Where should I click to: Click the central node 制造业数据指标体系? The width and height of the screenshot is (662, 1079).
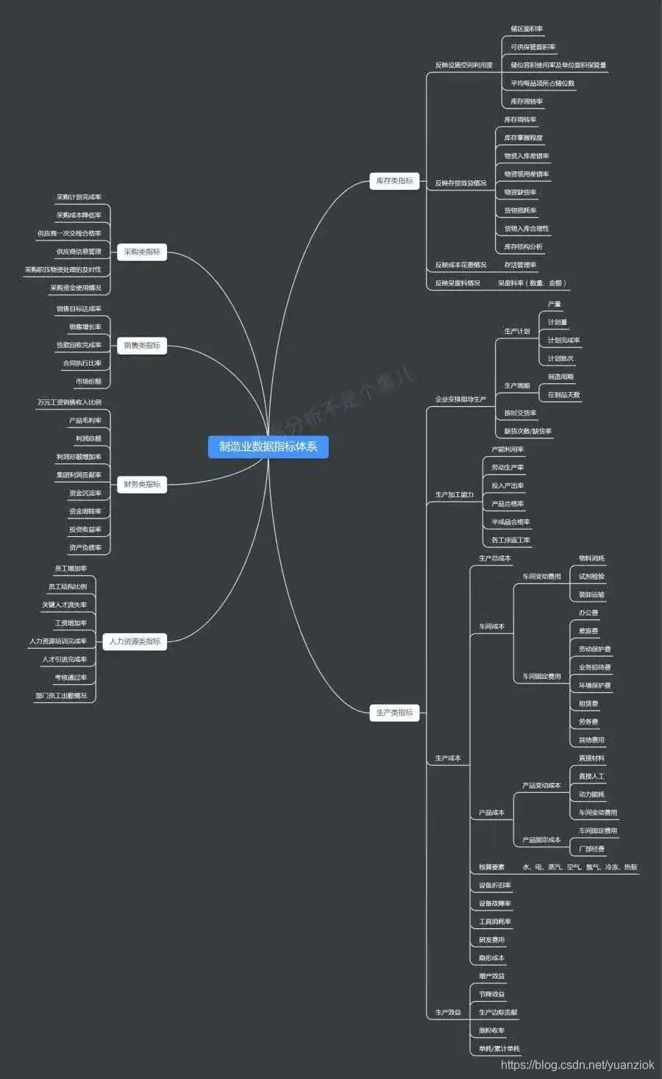coord(268,446)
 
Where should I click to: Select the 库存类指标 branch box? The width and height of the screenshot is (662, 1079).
coord(394,181)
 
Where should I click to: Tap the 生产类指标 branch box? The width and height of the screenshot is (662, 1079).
coord(394,713)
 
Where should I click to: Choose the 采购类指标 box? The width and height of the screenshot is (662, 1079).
coord(142,252)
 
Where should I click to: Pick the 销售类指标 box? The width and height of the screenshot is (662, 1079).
coord(142,346)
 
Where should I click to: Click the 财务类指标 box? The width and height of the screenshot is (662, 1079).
coord(142,485)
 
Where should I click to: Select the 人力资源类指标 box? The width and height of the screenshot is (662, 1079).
coord(135,641)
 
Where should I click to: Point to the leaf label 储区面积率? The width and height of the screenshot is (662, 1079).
coord(527,29)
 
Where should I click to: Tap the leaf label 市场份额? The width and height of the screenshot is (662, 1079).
coord(88,382)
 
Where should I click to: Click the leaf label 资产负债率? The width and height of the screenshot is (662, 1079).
coord(85,548)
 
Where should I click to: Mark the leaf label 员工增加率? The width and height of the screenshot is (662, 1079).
coord(71,569)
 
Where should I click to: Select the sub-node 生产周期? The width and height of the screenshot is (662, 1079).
coord(517,386)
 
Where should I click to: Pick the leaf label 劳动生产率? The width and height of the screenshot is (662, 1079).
coord(508,468)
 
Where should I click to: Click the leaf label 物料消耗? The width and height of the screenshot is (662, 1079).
coord(591,559)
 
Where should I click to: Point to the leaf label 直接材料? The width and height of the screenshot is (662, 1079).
coord(591,758)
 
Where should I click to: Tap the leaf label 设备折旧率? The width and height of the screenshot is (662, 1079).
coord(495,886)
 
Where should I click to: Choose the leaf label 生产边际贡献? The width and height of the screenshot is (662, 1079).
coord(498,1013)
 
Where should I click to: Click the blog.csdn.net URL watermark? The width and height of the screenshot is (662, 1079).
coord(577,1065)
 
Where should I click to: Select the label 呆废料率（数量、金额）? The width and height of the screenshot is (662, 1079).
coord(532,283)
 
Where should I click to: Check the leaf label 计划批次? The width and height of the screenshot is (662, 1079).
coord(560,359)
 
